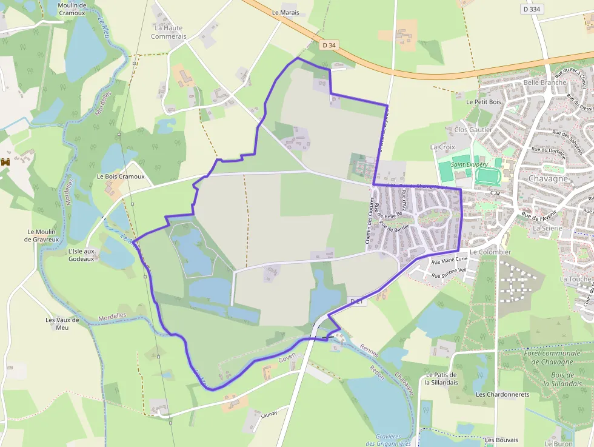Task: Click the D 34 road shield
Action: pos(328,45)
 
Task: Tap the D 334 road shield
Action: pos(532,9)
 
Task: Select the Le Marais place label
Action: pos(285,12)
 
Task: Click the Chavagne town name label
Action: pos(548,179)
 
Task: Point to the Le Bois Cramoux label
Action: pos(121,176)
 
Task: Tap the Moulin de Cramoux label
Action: pos(72,9)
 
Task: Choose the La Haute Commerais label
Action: pos(169,32)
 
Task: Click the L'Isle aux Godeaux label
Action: pos(81,255)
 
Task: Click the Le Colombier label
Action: pos(490,252)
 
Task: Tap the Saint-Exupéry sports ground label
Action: pos(469,164)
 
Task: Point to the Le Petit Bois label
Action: pos(484,102)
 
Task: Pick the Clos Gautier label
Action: pos(473,130)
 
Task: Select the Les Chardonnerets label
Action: pos(502,394)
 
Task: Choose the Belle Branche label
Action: pos(545,82)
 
